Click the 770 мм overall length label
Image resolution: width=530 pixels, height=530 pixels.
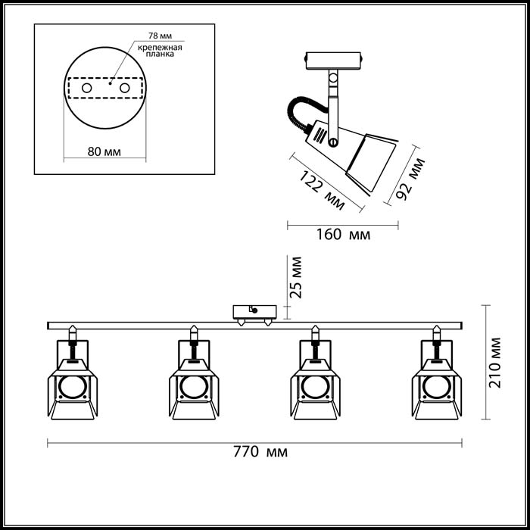(x=260, y=451)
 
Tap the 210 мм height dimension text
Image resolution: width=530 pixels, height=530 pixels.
(x=495, y=363)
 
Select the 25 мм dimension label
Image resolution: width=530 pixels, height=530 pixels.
(x=296, y=278)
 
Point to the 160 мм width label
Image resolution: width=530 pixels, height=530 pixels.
(x=343, y=234)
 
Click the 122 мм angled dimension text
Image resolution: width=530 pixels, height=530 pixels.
(x=322, y=190)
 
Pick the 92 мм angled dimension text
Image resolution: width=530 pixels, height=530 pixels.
(x=410, y=179)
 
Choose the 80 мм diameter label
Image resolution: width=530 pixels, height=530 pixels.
(x=104, y=151)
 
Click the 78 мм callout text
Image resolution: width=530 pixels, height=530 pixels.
(x=160, y=36)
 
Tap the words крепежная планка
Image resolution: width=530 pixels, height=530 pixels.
(x=160, y=51)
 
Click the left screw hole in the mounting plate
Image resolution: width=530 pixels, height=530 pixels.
(x=87, y=88)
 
